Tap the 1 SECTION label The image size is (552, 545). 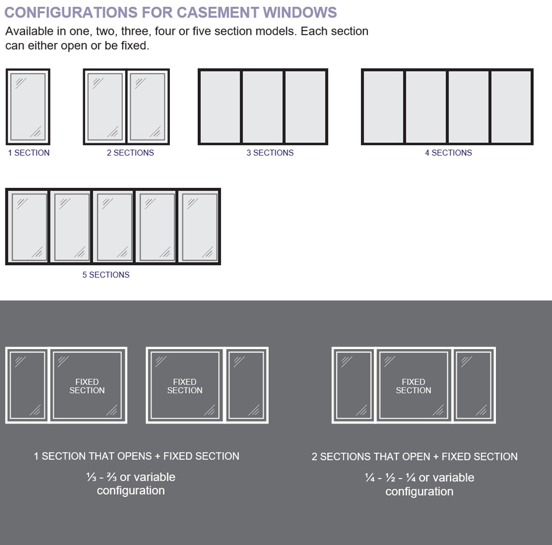point(29,152)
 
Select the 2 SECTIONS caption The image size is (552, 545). point(130,152)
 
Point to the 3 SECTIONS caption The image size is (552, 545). point(269,152)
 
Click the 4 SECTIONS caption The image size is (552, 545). point(448,152)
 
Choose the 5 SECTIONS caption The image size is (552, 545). point(106,274)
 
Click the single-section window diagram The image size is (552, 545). point(28,107)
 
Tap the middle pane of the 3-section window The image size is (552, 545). point(263,107)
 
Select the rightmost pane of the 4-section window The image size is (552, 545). point(510,107)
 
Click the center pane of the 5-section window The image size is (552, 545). point(113,226)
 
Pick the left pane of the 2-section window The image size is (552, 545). point(105,107)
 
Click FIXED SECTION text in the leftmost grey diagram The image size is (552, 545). point(87,386)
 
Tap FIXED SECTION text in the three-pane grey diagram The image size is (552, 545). point(413,386)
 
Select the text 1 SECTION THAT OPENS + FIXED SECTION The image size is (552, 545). point(136,456)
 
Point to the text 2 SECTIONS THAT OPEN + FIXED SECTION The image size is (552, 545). point(414,457)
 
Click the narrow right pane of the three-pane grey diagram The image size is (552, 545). point(474,385)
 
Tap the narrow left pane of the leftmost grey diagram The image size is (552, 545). point(27,385)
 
